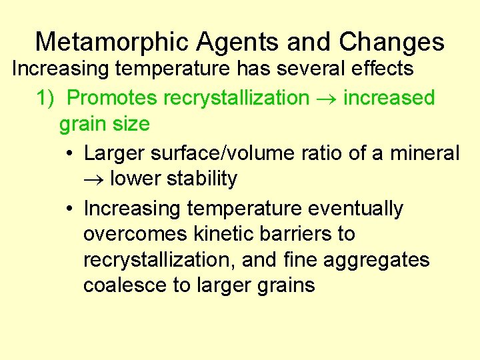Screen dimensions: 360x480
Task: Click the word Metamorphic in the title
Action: pyautogui.click(x=112, y=42)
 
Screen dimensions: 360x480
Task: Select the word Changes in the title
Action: pyautogui.click(x=391, y=42)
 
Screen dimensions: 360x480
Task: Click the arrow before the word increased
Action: pyautogui.click(x=326, y=99)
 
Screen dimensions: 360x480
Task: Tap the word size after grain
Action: pyautogui.click(x=130, y=124)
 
